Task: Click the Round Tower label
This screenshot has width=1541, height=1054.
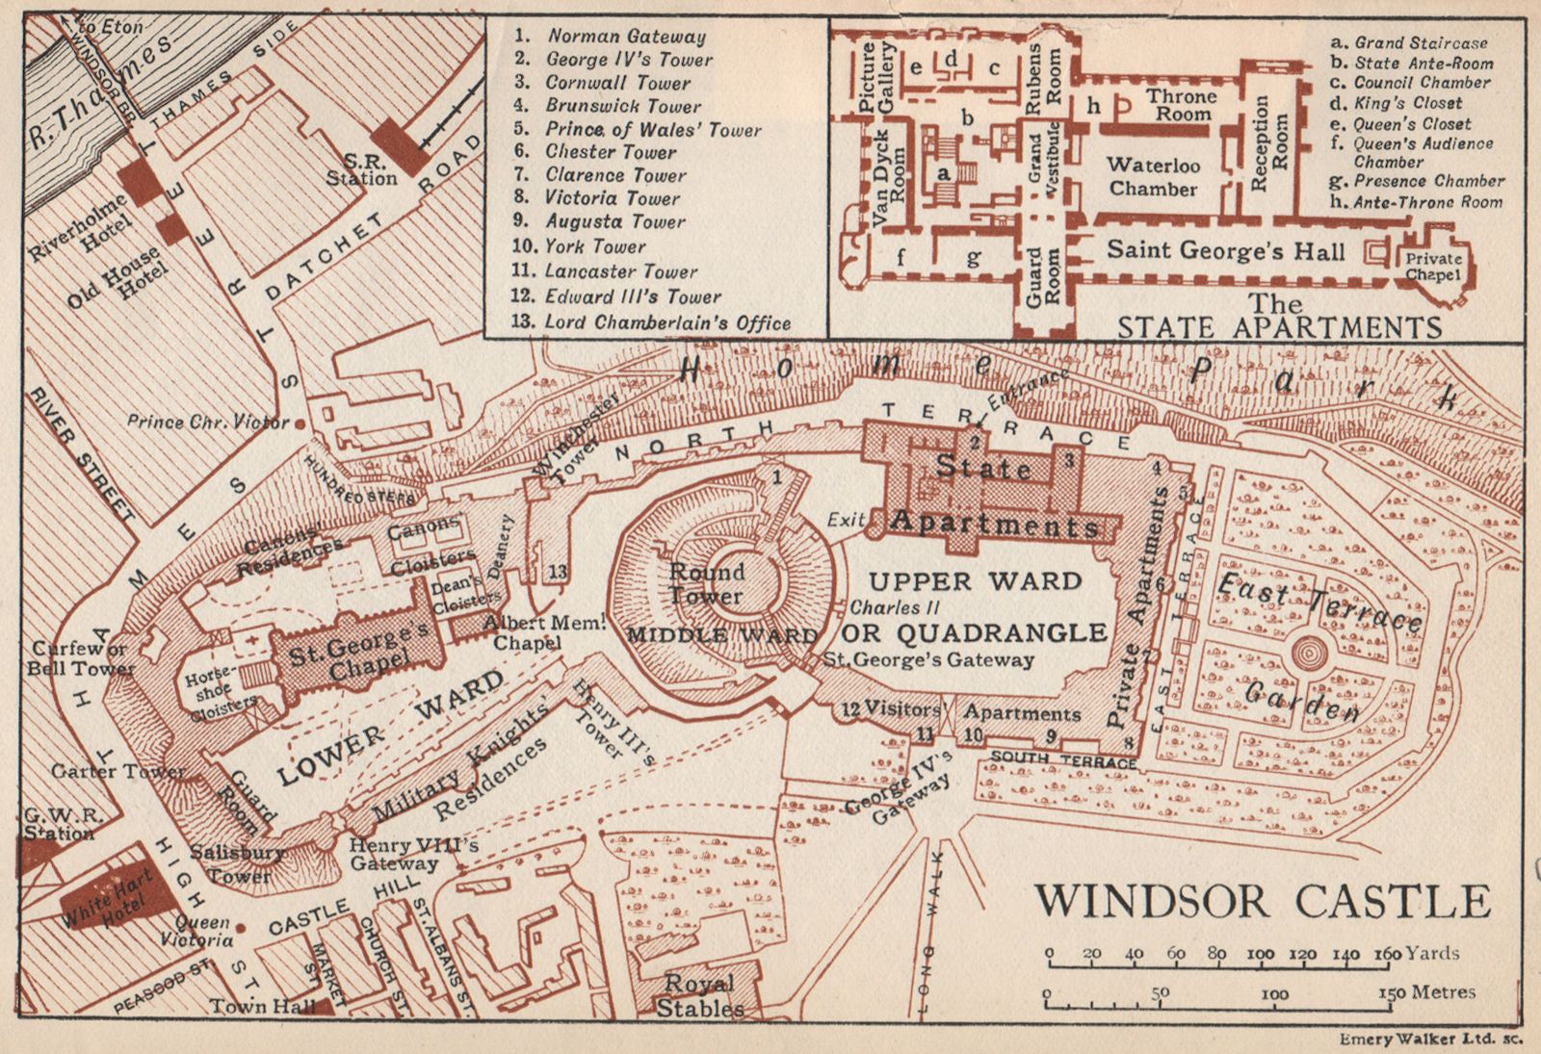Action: point(707,583)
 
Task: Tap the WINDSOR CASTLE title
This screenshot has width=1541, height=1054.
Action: point(1263,902)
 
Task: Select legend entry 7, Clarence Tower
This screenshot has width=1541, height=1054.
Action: point(614,175)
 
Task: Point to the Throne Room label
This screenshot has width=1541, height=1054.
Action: point(1182,105)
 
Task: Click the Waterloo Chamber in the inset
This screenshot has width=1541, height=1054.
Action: point(1152,177)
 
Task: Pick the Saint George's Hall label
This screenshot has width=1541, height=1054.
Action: point(1224,251)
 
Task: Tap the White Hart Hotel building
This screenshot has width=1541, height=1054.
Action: point(107,896)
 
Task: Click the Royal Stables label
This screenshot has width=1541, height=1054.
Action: point(699,996)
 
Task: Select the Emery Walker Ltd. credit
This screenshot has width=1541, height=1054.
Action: point(1430,1040)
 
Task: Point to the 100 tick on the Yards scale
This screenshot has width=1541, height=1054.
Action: point(1260,954)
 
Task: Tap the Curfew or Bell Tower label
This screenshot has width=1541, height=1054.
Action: point(79,658)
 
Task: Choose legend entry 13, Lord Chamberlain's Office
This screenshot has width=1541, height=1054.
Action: point(665,322)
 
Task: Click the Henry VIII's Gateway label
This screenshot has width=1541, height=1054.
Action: point(413,854)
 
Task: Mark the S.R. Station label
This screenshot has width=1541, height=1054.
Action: point(362,170)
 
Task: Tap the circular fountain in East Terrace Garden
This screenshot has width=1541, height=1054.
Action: point(1308,656)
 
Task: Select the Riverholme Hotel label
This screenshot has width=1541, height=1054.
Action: point(78,227)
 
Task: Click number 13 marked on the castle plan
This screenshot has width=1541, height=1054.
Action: point(558,572)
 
